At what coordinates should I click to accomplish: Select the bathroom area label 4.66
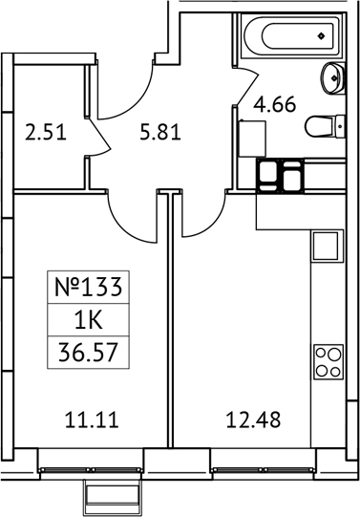tap(273, 106)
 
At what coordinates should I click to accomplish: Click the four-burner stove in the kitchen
tap(327, 363)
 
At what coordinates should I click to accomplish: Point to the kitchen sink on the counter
tap(327, 246)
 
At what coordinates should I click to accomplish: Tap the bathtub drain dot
tap(320, 37)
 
